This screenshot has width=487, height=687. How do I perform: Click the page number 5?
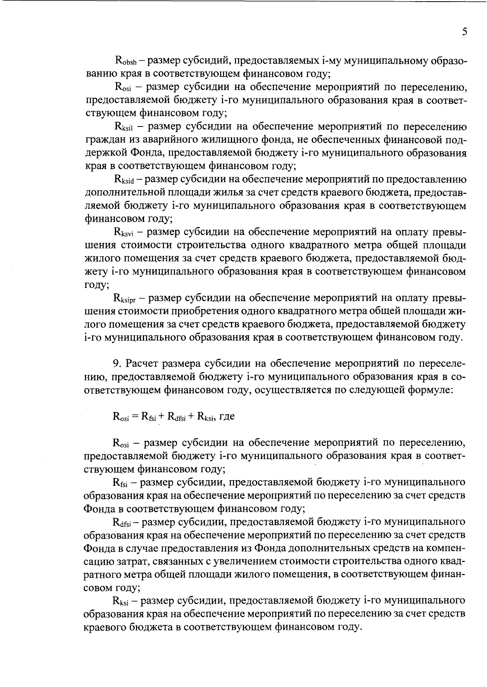click(464, 32)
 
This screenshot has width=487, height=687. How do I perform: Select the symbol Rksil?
click(124, 127)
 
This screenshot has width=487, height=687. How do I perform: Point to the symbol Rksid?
click(125, 180)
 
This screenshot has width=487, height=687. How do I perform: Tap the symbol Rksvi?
click(125, 232)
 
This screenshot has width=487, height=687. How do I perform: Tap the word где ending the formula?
click(226, 416)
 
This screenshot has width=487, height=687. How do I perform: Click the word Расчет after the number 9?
click(142, 363)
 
